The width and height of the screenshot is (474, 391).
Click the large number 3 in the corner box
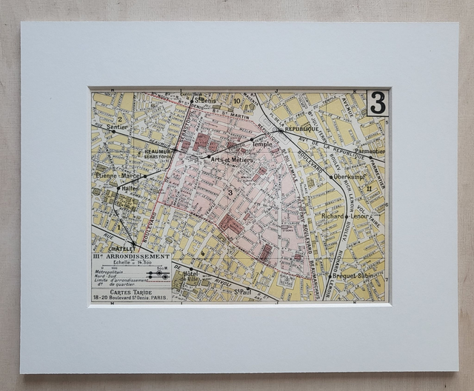pyautogui.click(x=377, y=104)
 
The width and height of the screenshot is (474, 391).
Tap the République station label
pyautogui.click(x=300, y=129)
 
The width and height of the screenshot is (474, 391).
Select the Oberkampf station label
pyautogui.click(x=351, y=178)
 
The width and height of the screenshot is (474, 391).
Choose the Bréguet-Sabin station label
pyautogui.click(x=354, y=275)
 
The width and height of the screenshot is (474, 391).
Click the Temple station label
pyautogui.click(x=262, y=145)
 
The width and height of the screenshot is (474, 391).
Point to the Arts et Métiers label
pyautogui.click(x=232, y=160)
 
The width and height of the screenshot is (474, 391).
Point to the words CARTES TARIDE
pyautogui.click(x=127, y=292)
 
